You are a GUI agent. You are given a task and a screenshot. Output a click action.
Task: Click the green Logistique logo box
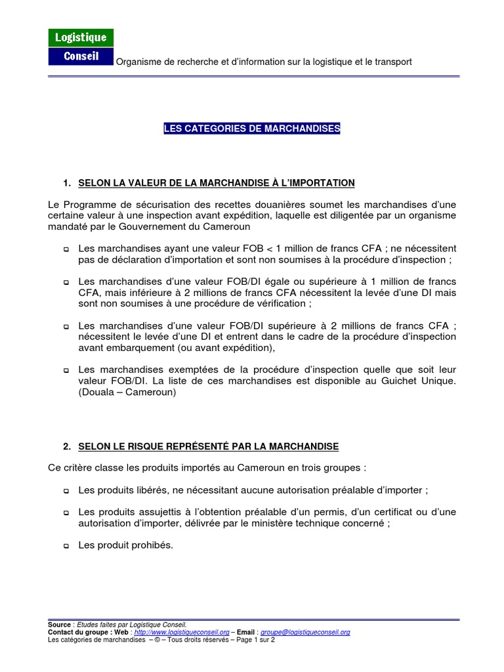click(81, 38)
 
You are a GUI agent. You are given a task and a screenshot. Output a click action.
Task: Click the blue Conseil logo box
click(81, 56)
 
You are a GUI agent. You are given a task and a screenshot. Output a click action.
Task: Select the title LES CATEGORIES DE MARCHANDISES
click(252, 129)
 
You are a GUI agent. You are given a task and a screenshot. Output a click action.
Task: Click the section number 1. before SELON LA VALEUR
click(67, 182)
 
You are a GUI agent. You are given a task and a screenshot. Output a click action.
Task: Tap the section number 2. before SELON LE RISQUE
click(67, 446)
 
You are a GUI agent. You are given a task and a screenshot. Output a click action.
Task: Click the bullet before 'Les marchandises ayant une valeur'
click(66, 249)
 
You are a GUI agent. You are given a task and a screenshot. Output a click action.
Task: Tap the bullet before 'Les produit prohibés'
click(66, 545)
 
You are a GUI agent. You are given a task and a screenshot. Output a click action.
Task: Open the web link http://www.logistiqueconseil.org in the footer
click(181, 632)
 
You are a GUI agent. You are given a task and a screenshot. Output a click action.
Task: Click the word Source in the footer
click(59, 624)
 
